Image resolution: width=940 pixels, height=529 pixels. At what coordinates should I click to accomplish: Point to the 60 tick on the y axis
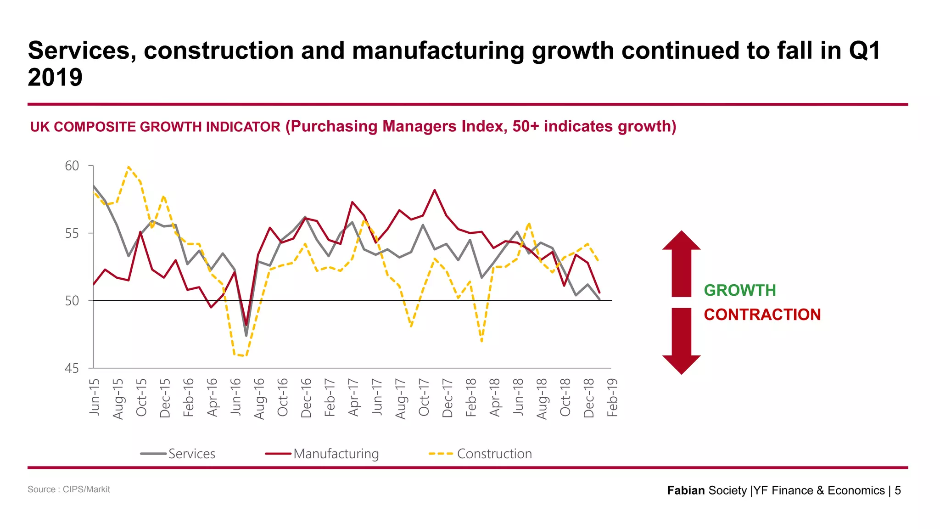tap(72, 166)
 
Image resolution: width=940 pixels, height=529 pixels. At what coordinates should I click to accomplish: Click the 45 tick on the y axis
tap(72, 368)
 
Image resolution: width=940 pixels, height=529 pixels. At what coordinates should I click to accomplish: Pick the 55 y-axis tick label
tap(72, 233)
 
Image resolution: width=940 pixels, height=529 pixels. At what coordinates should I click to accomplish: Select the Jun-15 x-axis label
tap(95, 397)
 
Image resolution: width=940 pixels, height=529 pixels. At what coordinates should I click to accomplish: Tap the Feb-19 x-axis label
tap(612, 398)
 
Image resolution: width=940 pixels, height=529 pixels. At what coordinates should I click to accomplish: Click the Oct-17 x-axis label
tap(424, 397)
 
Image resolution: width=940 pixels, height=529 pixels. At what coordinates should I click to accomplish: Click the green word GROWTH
tap(739, 290)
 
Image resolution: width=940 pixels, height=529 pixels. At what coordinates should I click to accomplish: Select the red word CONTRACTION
tap(762, 315)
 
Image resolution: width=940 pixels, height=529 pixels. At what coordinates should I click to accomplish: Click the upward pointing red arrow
tap(681, 264)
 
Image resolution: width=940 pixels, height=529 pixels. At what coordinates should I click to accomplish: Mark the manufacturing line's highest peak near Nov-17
tap(434, 190)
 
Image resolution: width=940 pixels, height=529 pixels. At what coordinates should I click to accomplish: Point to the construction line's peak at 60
tap(129, 167)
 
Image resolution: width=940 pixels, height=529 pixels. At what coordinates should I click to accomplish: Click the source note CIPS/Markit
tap(69, 490)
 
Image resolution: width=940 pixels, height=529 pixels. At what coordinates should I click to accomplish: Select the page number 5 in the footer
tap(898, 490)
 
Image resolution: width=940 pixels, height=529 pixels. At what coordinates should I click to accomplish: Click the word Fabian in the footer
tap(686, 490)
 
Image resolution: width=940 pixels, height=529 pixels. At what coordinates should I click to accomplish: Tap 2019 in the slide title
tap(55, 77)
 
